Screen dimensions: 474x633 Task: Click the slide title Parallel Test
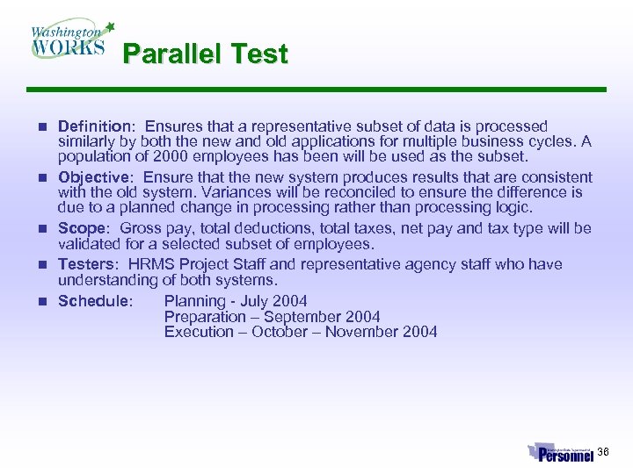pyautogui.click(x=205, y=54)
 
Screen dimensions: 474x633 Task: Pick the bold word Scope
pyautogui.click(x=81, y=228)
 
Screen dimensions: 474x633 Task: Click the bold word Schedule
pyautogui.click(x=93, y=301)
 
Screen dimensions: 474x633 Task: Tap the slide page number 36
pyautogui.click(x=603, y=452)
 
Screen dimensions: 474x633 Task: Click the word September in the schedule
pyautogui.click(x=303, y=316)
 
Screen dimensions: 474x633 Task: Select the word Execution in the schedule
pyautogui.click(x=201, y=332)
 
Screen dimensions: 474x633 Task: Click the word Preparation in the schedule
pyautogui.click(x=205, y=316)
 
